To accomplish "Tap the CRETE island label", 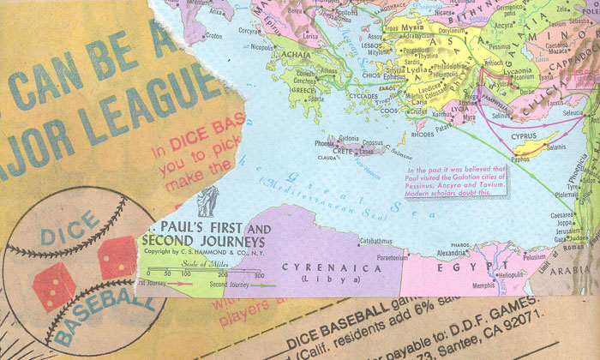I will point(341,151).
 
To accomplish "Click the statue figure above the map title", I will point(207,204).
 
